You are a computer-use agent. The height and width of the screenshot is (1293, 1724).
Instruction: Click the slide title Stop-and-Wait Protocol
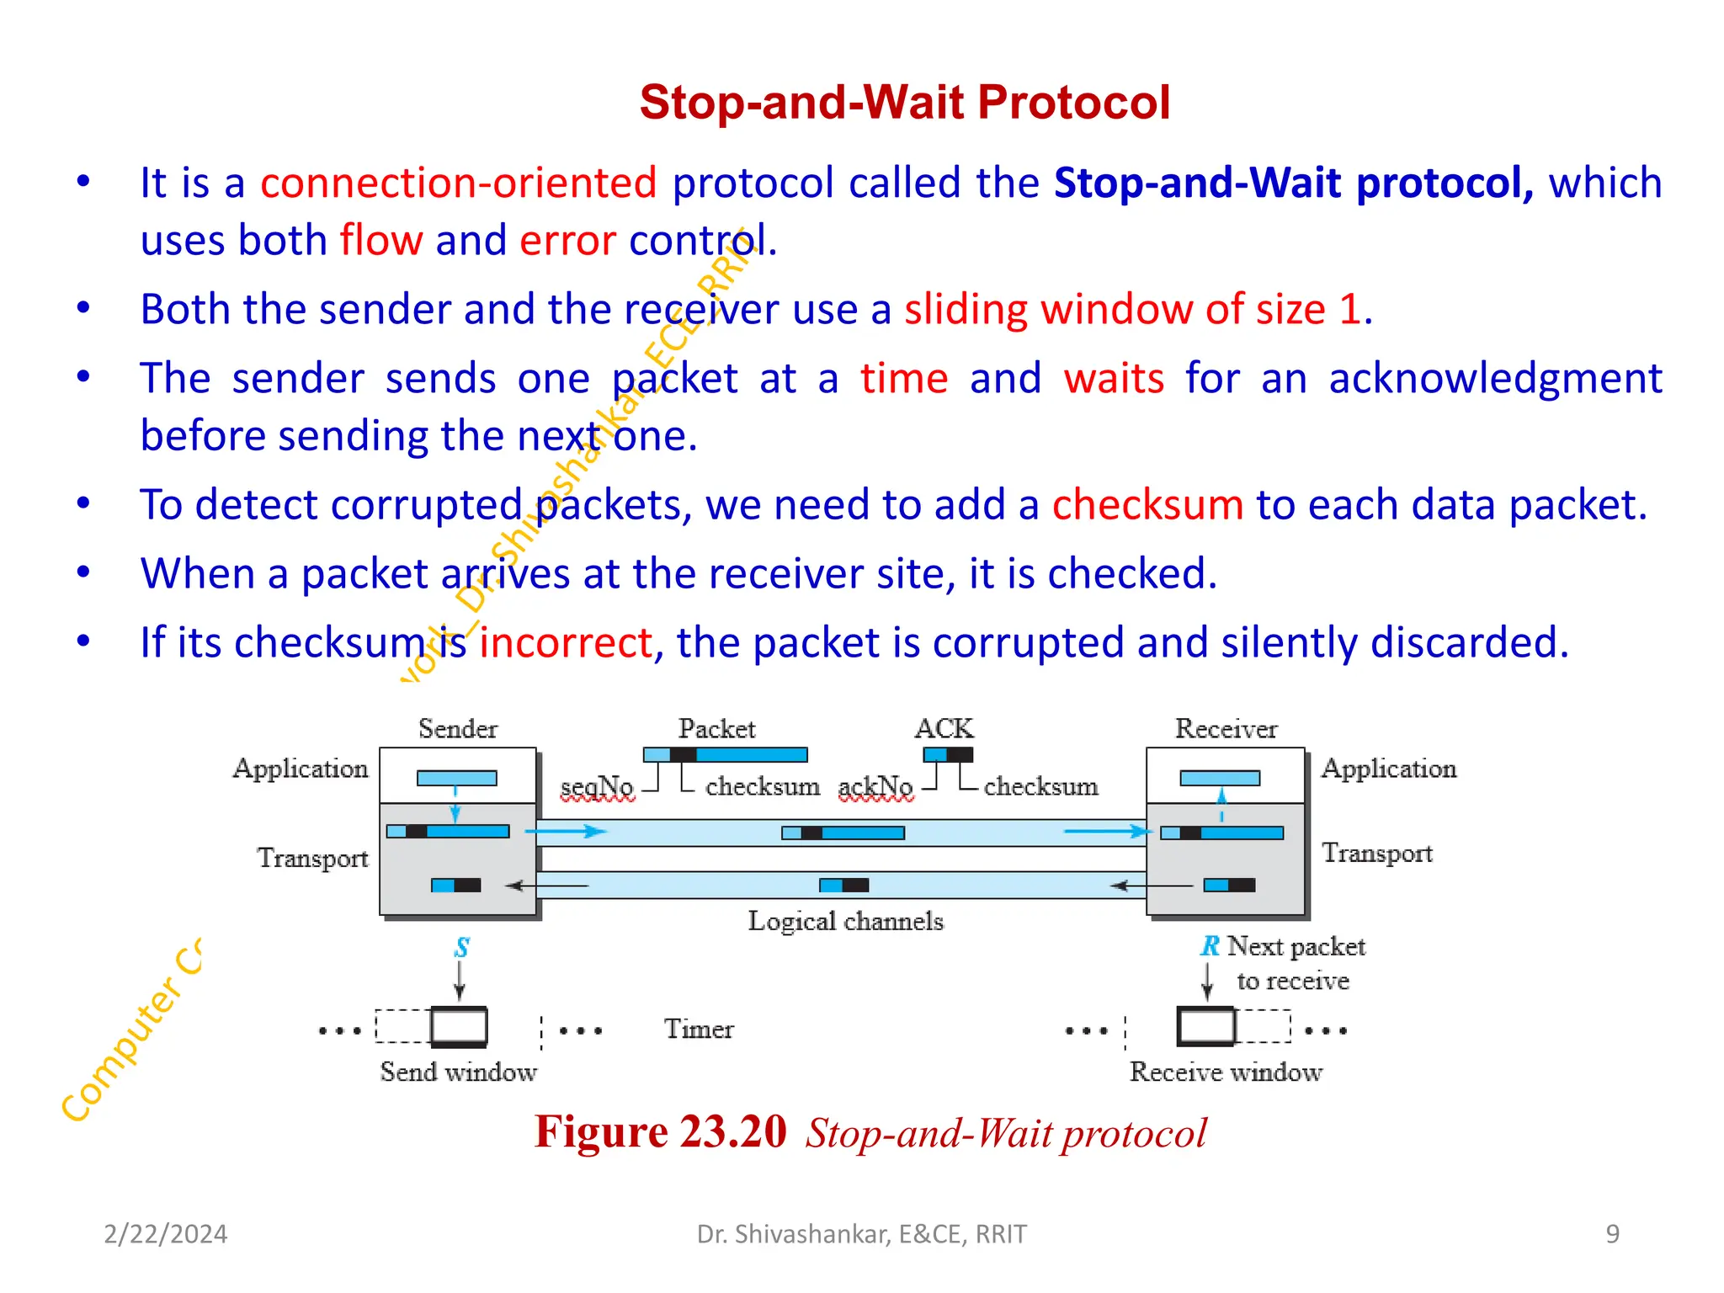(x=904, y=103)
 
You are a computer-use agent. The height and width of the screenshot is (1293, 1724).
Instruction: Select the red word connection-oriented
(x=458, y=184)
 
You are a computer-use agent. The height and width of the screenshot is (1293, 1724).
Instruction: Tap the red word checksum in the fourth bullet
(x=1147, y=505)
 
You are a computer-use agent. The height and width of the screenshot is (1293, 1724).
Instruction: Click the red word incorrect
(x=566, y=643)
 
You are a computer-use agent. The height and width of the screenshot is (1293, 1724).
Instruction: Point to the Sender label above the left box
(x=457, y=729)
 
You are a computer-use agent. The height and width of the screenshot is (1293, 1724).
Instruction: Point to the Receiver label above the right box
(x=1226, y=729)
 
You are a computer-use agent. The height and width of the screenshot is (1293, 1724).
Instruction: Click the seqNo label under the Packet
(x=597, y=786)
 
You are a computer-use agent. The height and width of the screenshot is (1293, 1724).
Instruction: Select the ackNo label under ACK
(x=875, y=786)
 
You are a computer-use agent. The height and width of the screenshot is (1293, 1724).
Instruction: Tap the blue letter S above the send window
(x=461, y=948)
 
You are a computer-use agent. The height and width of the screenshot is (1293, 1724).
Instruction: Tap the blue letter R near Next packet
(x=1210, y=946)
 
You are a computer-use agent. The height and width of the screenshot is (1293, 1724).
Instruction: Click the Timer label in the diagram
(x=699, y=1029)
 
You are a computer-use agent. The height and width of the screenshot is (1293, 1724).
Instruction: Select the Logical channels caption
(x=845, y=921)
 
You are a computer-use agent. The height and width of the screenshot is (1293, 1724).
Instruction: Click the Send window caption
(x=458, y=1072)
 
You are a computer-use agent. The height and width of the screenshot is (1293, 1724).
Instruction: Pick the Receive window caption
(x=1226, y=1072)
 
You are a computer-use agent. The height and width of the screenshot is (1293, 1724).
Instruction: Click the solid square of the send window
(x=459, y=1027)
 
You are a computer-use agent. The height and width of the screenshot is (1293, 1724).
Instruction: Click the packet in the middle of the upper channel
(x=843, y=833)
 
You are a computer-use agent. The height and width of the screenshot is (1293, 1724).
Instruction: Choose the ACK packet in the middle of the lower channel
(x=843, y=886)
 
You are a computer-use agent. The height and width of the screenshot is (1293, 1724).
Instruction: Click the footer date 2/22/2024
(x=165, y=1234)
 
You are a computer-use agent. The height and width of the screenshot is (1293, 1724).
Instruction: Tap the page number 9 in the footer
(x=1612, y=1234)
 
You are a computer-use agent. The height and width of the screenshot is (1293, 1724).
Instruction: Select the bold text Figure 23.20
(x=661, y=1131)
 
